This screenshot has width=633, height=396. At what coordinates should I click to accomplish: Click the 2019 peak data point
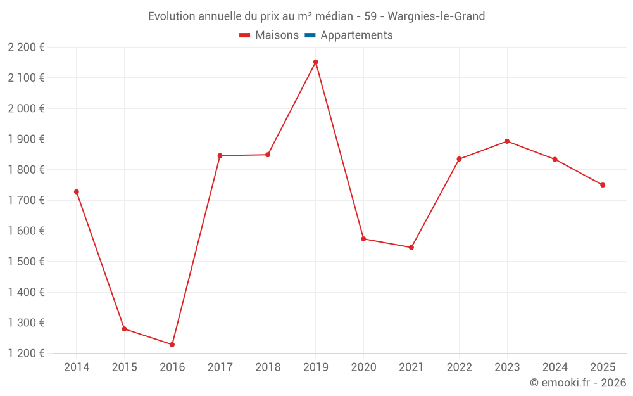click(x=315, y=62)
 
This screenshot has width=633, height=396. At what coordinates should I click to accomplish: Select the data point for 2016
click(x=172, y=345)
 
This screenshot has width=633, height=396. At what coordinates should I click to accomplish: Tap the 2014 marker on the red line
click(x=77, y=192)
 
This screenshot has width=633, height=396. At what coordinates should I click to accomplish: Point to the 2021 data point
click(x=411, y=248)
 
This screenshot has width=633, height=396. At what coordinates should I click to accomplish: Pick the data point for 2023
click(x=507, y=141)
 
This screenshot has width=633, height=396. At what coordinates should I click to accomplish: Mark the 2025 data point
click(x=603, y=185)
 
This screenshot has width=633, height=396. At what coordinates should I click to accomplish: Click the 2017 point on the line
click(x=220, y=156)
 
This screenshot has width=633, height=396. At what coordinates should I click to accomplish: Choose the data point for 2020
click(x=363, y=239)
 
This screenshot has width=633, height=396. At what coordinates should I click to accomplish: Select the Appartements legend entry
click(x=356, y=35)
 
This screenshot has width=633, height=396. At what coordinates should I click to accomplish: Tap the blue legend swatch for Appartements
click(x=310, y=35)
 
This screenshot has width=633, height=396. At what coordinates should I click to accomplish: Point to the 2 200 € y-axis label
click(x=26, y=47)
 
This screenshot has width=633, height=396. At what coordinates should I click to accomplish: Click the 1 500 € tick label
click(x=26, y=262)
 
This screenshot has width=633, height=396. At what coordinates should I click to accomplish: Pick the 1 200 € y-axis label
click(x=26, y=354)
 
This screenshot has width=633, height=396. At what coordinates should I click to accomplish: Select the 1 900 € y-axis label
click(x=26, y=139)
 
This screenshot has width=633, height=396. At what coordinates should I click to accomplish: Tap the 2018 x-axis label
click(x=268, y=367)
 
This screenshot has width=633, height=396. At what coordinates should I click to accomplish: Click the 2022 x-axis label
click(x=459, y=367)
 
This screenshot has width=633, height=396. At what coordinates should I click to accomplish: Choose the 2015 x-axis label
click(x=124, y=367)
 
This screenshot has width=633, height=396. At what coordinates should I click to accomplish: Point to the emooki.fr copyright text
click(x=577, y=383)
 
